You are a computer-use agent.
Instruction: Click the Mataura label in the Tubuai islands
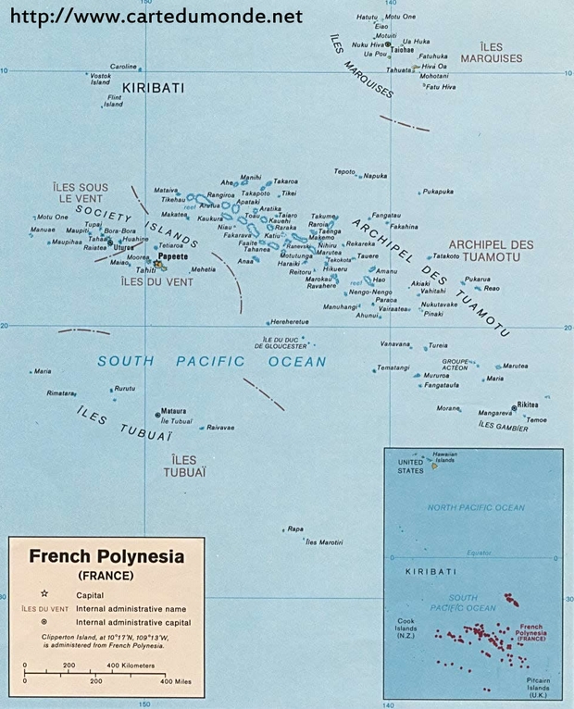(x=173, y=411)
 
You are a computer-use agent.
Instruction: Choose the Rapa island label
(x=295, y=529)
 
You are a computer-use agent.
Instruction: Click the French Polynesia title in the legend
(x=106, y=557)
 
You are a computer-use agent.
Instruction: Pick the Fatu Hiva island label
(x=441, y=87)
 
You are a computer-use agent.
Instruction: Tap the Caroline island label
(x=123, y=67)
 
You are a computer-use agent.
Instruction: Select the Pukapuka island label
(x=438, y=192)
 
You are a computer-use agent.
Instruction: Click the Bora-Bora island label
(x=120, y=230)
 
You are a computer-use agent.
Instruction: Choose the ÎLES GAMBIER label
(x=503, y=427)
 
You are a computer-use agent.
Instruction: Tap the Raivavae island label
(x=220, y=428)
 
